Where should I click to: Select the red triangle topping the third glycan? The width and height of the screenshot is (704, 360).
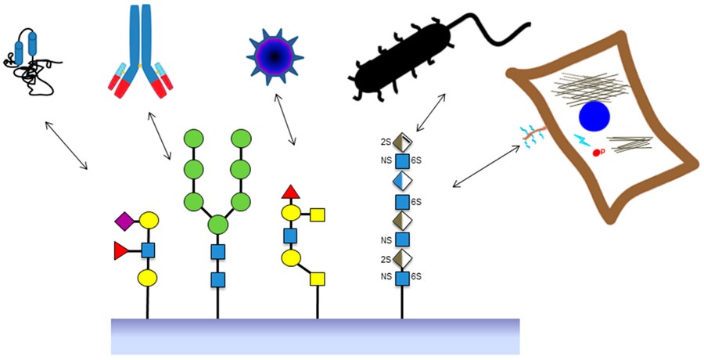tap(290, 190)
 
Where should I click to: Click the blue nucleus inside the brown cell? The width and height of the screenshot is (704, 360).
tap(594, 117)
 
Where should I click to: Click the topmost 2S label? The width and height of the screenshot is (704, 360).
tap(385, 142)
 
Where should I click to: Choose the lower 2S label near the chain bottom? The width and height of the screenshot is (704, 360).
tap(385, 258)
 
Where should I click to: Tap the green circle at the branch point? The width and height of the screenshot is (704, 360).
tap(217, 226)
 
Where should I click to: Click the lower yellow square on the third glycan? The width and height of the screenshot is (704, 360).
tap(317, 277)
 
